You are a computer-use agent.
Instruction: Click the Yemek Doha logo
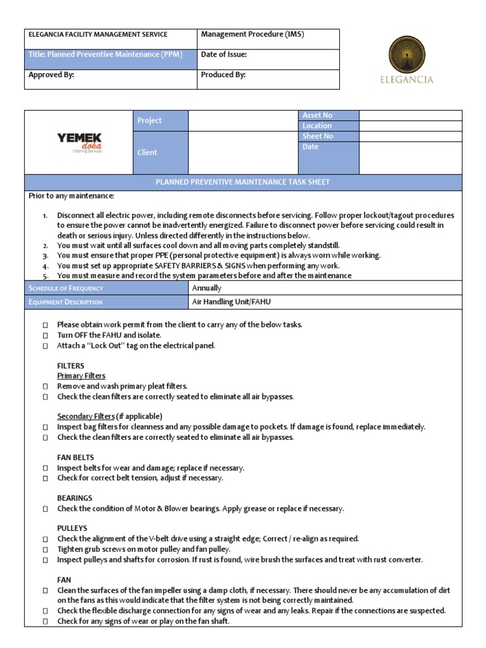(x=79, y=142)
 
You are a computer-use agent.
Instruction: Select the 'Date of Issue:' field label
(x=223, y=54)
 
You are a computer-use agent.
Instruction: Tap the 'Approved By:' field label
(x=51, y=75)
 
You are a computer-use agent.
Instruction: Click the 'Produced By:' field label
(x=223, y=75)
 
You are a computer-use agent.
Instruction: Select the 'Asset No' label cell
(x=317, y=115)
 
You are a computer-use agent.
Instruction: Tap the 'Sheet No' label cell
(x=318, y=136)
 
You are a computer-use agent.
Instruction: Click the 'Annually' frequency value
(x=206, y=288)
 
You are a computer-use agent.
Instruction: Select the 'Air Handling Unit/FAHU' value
(x=231, y=302)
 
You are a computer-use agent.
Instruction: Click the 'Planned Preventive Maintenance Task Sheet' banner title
(x=243, y=182)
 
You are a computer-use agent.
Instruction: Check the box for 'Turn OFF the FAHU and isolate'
(x=46, y=335)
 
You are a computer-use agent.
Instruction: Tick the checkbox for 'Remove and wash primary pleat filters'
(x=46, y=387)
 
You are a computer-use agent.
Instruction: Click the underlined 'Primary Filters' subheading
(x=81, y=376)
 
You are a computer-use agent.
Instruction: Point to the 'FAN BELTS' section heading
(x=75, y=458)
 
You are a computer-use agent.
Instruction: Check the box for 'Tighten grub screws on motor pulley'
(x=46, y=550)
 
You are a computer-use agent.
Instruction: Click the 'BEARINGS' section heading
(x=75, y=498)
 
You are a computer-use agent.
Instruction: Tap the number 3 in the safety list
(x=46, y=256)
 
